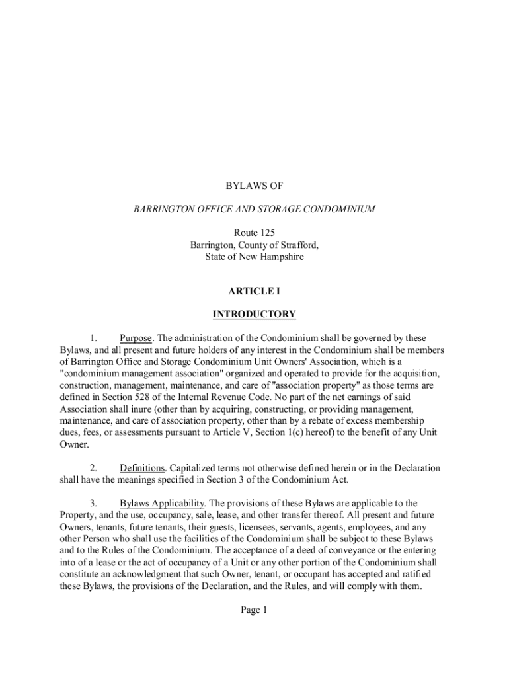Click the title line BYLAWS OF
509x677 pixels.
(254, 187)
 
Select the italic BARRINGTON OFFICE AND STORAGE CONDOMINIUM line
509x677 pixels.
(254, 210)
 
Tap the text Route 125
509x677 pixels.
(254, 233)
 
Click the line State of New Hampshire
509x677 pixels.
(254, 257)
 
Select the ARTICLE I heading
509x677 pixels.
(254, 291)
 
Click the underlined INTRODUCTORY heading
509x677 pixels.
(254, 314)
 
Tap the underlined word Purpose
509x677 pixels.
(136, 338)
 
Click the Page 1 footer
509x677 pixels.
(254, 610)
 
